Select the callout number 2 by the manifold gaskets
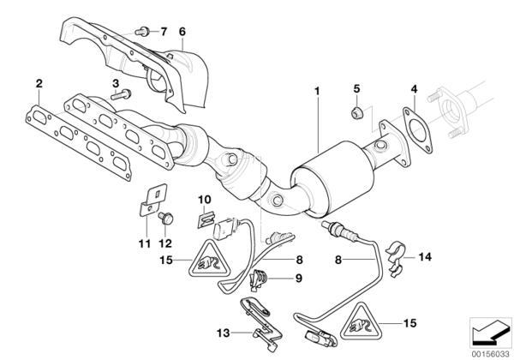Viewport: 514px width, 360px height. [x=39, y=84]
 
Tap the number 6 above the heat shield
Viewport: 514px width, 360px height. [x=182, y=32]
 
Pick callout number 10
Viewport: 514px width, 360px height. [x=204, y=200]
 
